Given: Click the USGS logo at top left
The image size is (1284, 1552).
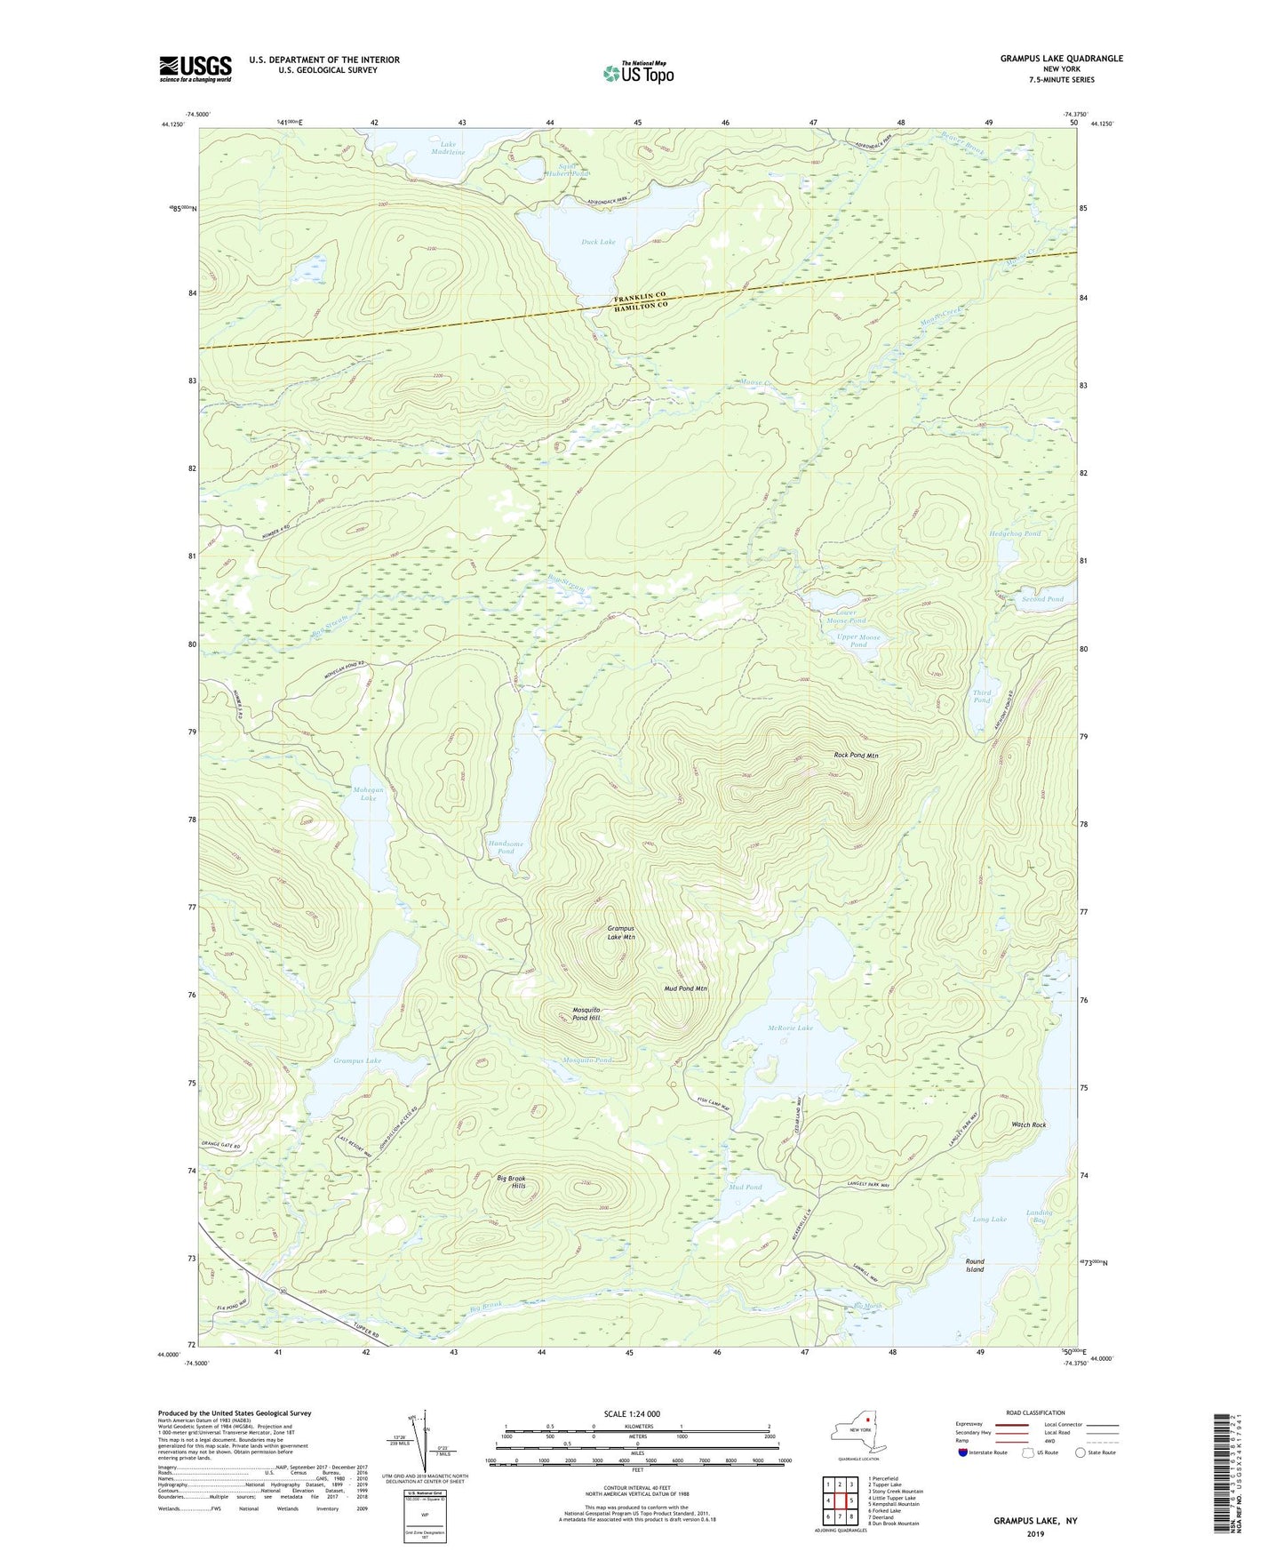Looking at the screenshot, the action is pos(195,68).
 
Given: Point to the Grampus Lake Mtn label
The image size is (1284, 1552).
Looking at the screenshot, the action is pos(621,932).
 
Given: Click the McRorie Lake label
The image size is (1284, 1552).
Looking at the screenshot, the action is pos(789,1028).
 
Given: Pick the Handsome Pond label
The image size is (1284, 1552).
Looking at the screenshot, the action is pos(505,847).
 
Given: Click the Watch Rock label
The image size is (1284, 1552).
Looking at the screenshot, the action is pos(1028,1124).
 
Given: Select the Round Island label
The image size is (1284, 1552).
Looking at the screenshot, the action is pos(975,1265).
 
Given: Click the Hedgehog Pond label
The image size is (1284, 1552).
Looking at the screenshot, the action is pos(1015,533).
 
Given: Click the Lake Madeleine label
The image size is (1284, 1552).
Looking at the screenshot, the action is pos(448,147).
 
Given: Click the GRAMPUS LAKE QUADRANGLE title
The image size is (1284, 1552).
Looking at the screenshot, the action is pos(1061,59).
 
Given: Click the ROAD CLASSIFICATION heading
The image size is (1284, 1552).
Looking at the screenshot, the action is pos(1034,1412).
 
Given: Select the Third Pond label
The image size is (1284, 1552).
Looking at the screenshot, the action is pos(981,696).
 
